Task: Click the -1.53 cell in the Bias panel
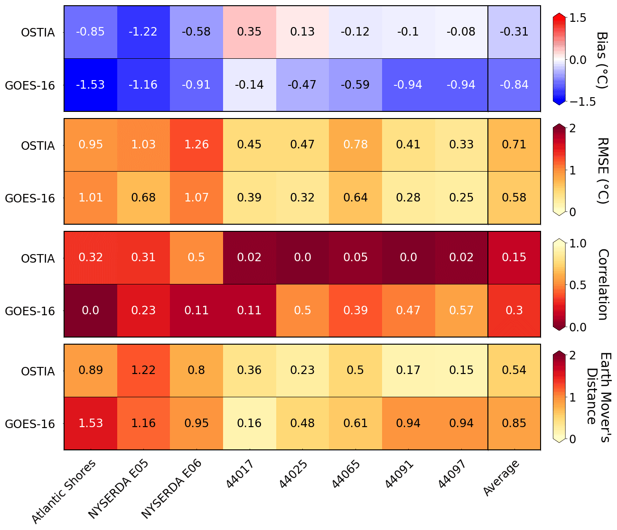[x=91, y=85]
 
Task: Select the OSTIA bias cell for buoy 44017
[x=249, y=32]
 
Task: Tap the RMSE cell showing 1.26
[x=196, y=145]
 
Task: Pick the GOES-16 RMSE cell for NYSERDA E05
[x=143, y=198]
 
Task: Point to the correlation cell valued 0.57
[x=461, y=311]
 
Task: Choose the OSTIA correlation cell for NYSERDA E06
[x=196, y=257]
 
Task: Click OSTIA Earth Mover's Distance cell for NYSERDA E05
[x=143, y=370]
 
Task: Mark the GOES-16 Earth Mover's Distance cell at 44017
[x=249, y=423]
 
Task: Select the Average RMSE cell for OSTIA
[x=514, y=145]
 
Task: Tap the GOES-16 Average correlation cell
[x=514, y=311]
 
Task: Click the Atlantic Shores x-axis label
[x=64, y=491]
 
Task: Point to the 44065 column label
[x=346, y=474]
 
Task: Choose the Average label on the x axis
[x=501, y=478]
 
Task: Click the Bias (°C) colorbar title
[x=602, y=59]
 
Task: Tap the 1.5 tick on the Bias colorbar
[x=578, y=18]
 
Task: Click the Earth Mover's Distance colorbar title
[x=598, y=397]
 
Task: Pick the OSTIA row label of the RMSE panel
[x=38, y=146]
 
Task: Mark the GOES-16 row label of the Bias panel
[x=30, y=86]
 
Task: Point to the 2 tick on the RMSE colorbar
[x=572, y=128]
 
